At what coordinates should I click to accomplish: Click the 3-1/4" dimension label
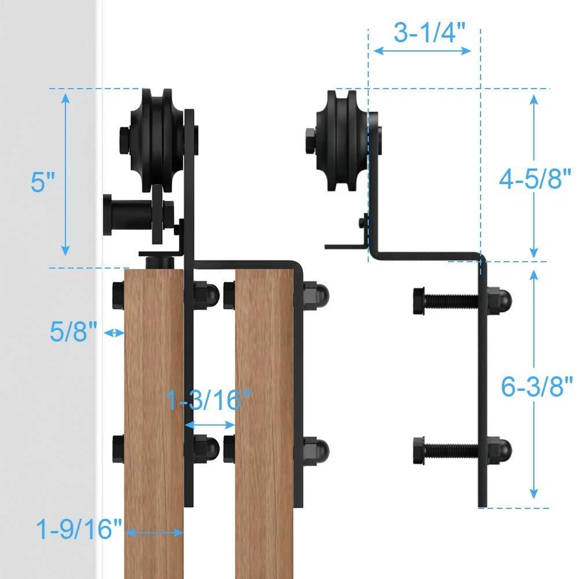point(430,32)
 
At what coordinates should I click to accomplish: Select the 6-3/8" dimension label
point(537,386)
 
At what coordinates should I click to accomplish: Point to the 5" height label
point(42,182)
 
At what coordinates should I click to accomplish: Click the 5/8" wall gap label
point(74,331)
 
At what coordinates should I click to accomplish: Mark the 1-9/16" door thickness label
point(79,529)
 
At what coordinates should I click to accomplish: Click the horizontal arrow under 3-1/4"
point(423,51)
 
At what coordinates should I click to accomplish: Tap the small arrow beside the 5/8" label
point(114,333)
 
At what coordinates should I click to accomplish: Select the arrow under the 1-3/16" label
point(210,424)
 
